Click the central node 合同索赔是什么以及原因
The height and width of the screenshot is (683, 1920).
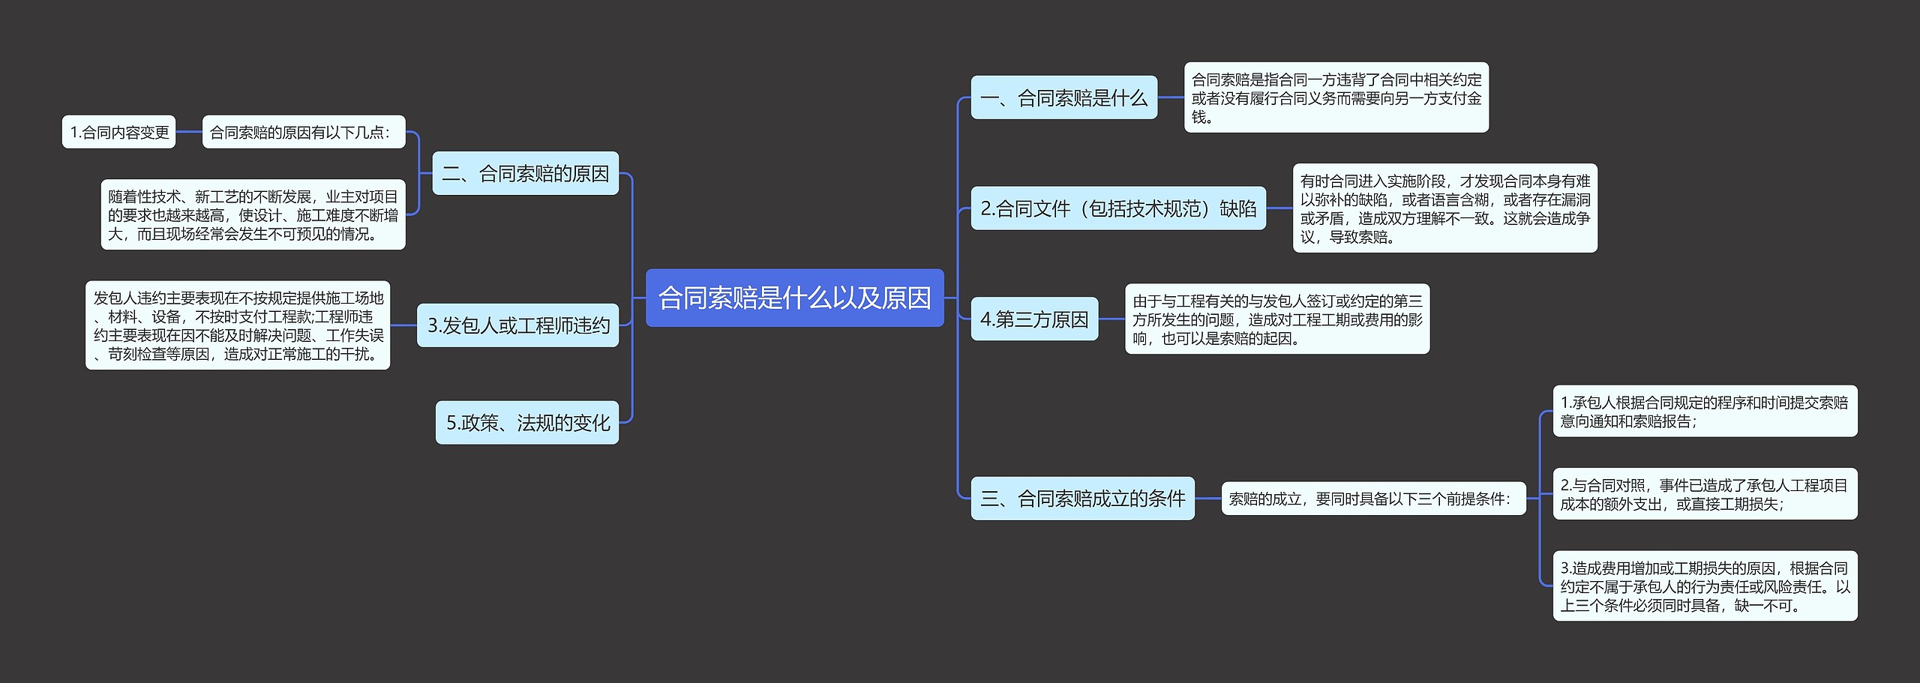(x=794, y=298)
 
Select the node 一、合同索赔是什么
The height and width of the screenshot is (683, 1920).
(x=1063, y=97)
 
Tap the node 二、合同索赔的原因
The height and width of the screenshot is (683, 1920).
(x=525, y=173)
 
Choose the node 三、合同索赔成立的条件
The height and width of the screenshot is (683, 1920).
(x=1082, y=498)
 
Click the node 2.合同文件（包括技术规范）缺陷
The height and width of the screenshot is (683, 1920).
(x=1117, y=208)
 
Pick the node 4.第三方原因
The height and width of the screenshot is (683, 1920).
(x=1034, y=319)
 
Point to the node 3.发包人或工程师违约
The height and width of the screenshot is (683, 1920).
(x=517, y=325)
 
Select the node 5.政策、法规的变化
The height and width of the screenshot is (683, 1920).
(x=527, y=422)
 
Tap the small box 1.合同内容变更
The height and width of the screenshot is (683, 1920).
(x=118, y=132)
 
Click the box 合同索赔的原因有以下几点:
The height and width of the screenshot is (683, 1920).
(x=303, y=132)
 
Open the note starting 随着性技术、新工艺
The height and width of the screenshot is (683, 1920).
(x=253, y=214)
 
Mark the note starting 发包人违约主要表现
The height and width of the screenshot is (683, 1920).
(x=238, y=325)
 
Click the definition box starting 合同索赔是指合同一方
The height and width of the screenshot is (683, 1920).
(x=1336, y=97)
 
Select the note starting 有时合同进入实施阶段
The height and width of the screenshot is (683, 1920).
(x=1444, y=208)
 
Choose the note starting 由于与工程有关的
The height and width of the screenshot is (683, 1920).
(x=1276, y=319)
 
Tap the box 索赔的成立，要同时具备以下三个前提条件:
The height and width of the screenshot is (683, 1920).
(x=1373, y=498)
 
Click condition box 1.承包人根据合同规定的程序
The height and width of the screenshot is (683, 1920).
(x=1705, y=411)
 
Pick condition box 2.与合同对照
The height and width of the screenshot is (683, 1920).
(x=1705, y=493)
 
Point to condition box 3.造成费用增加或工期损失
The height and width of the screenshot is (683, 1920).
(x=1705, y=586)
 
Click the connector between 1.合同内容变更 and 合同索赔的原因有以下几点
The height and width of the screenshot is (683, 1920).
(x=189, y=132)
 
